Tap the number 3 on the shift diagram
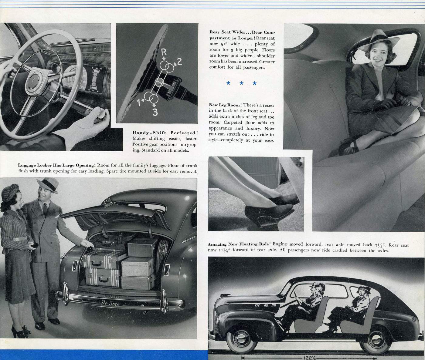pos(155,112)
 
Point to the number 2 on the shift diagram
pos(179,62)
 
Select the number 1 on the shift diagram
pos(139,103)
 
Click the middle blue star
pos(241,83)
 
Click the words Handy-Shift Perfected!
pos(165,133)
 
